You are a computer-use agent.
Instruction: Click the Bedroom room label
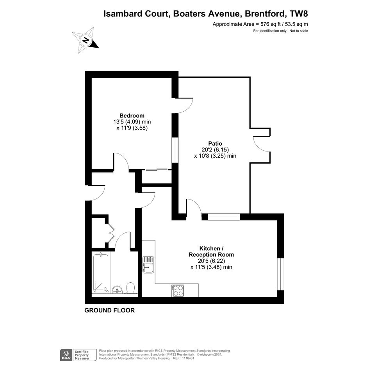click(x=132, y=116)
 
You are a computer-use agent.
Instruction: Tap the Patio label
click(x=215, y=143)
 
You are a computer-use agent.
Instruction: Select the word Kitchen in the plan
click(x=209, y=248)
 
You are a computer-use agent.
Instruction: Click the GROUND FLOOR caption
click(x=109, y=310)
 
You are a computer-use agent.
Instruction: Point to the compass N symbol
click(x=86, y=40)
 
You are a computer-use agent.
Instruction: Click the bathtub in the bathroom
click(x=101, y=273)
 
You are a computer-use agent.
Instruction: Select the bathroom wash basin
click(x=117, y=289)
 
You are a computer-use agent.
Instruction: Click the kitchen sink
click(x=148, y=264)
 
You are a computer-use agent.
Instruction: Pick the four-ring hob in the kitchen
click(x=178, y=291)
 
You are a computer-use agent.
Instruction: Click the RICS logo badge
click(x=66, y=355)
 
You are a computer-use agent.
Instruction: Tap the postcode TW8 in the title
click(x=299, y=14)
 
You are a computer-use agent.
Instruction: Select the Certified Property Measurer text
click(x=82, y=355)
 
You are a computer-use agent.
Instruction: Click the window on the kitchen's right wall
click(x=280, y=274)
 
